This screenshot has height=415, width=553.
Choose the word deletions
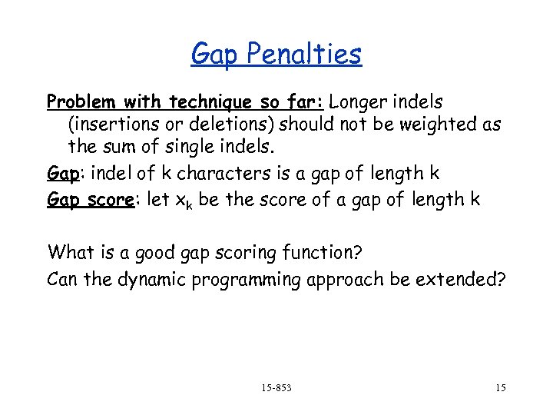[235, 124]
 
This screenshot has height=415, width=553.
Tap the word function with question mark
[331, 251]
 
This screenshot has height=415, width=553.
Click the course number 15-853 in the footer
[276, 387]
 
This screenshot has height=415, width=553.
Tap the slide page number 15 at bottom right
[500, 387]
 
